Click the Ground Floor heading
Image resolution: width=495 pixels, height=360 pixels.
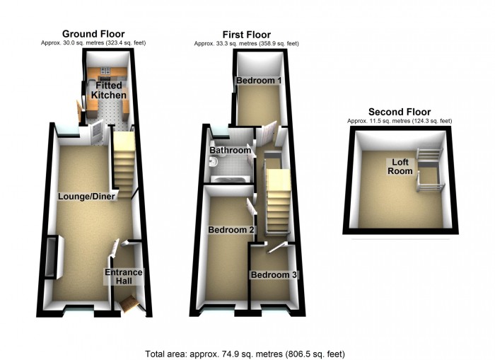pos(93,34)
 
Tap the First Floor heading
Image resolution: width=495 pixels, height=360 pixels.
pos(247,35)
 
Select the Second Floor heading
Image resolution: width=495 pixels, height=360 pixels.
pos(400,112)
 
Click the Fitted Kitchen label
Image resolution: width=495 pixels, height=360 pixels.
pos(109,90)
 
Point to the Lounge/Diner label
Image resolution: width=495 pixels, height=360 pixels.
pos(86,197)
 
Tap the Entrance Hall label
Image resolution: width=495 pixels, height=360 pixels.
pos(124,277)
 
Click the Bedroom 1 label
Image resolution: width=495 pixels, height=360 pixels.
pos(259,80)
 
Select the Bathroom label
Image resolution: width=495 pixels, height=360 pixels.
pos(231,150)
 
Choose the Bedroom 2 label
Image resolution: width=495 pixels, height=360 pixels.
pos(231,230)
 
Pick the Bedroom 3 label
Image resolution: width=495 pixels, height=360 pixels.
pos(274,274)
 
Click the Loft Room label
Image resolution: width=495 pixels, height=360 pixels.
pos(400,166)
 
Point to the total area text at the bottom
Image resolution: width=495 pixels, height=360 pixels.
pos(245,354)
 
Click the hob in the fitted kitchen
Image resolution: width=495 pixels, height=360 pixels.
pos(105,71)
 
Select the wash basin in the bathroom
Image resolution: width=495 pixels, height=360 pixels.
pos(213,162)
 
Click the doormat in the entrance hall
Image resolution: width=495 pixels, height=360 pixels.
pos(129,303)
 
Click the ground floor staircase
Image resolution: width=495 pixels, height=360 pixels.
pos(124,165)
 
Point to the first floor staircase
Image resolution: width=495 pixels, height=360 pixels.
pos(279,201)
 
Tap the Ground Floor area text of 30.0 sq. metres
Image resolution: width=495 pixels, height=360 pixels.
pos(93,42)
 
